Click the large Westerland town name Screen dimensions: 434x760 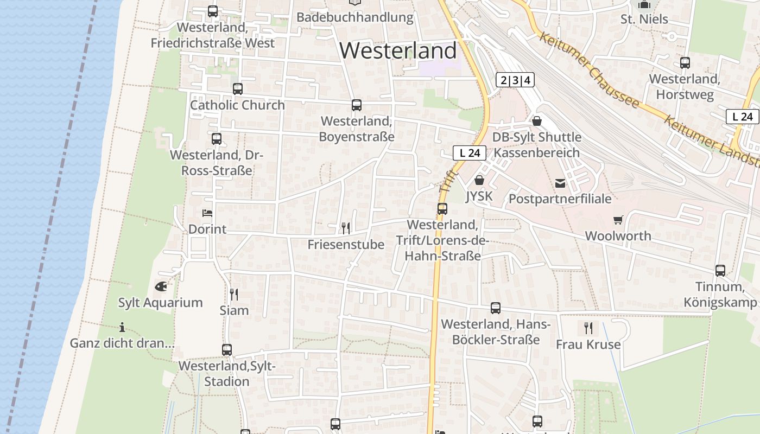tap(398, 50)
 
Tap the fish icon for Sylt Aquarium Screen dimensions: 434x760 tap(161, 286)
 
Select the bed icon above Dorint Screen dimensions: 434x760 tap(207, 213)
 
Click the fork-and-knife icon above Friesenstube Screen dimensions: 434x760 tap(346, 228)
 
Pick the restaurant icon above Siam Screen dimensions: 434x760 tap(234, 294)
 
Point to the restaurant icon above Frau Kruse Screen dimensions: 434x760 tap(588, 328)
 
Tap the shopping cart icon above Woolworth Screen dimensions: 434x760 tap(618, 220)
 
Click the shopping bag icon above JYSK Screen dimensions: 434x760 tap(479, 180)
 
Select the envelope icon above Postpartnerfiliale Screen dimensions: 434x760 tap(560, 183)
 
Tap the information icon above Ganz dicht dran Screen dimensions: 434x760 tap(122, 327)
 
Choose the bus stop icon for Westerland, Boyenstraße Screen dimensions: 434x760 tap(357, 105)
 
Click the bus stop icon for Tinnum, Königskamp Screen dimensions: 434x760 tap(720, 270)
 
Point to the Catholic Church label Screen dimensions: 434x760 tap(237, 105)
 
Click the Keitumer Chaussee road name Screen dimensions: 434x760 tap(588, 70)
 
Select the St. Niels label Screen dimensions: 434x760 tap(644, 20)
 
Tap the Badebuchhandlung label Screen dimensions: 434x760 tap(355, 17)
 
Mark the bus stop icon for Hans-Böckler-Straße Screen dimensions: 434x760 tap(496, 308)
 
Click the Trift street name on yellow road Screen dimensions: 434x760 tap(446, 181)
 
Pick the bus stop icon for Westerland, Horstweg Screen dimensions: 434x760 tap(685, 63)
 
